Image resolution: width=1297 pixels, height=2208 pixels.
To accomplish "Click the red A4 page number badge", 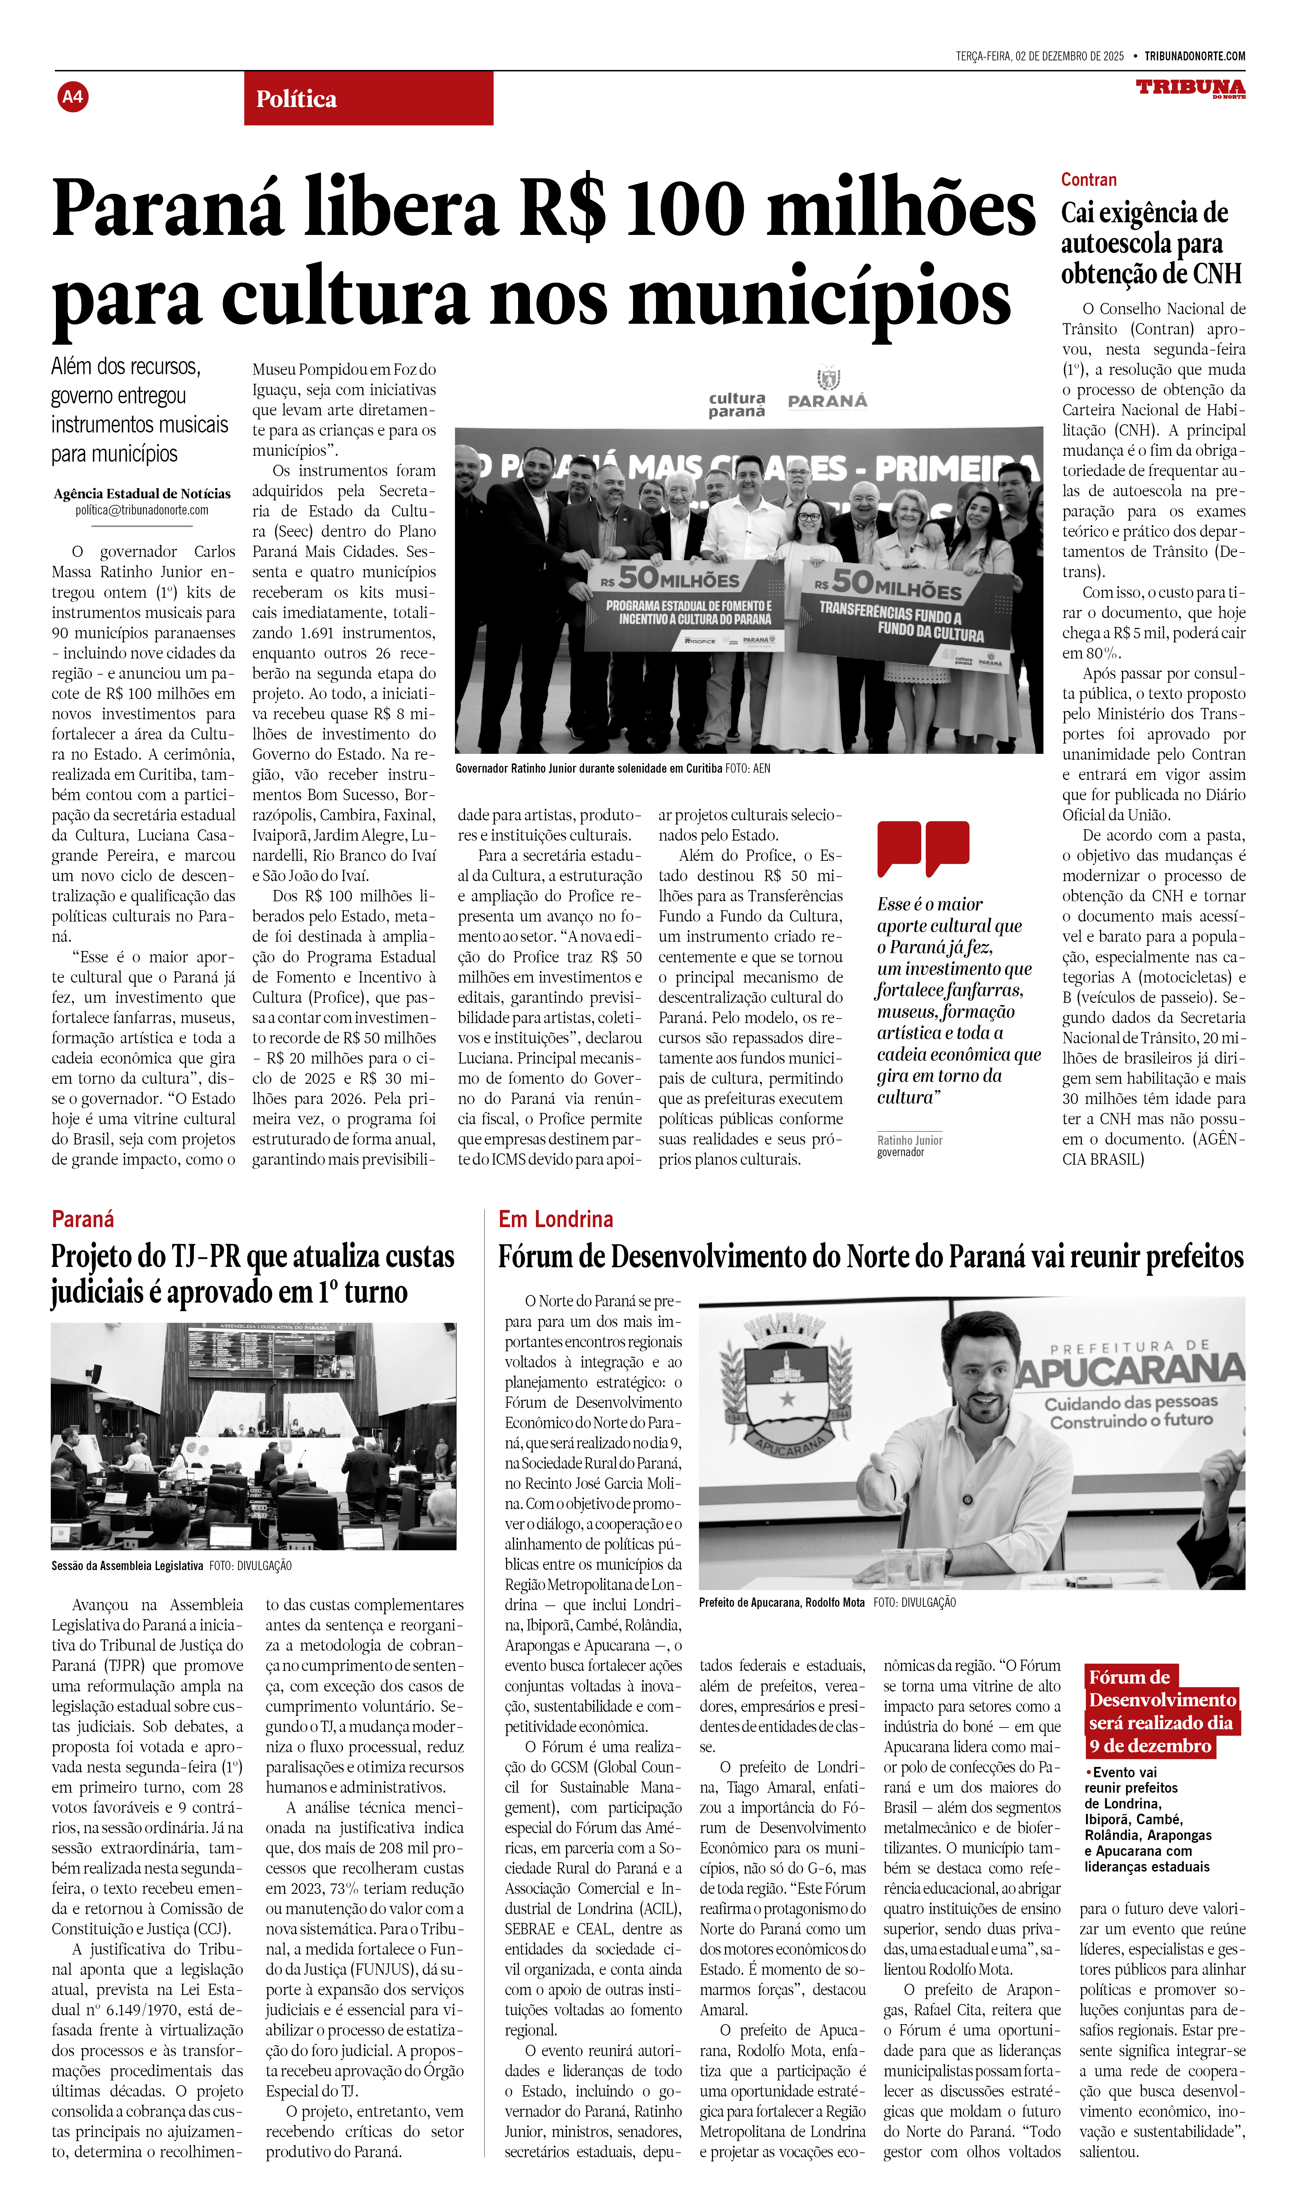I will pyautogui.click(x=73, y=96).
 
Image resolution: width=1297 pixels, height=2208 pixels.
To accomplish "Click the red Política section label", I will pyautogui.click(x=296, y=99).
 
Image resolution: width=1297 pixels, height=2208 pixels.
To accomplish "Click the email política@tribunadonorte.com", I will pyautogui.click(x=142, y=510).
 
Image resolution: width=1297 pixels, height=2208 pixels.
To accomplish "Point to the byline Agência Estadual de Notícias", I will pyautogui.click(x=142, y=493).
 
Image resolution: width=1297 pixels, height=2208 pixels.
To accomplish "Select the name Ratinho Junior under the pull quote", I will pyautogui.click(x=910, y=1140).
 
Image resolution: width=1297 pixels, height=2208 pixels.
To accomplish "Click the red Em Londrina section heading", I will pyautogui.click(x=556, y=1219).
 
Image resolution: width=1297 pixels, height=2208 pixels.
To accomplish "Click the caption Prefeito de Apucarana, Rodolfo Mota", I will pyautogui.click(x=782, y=1603).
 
